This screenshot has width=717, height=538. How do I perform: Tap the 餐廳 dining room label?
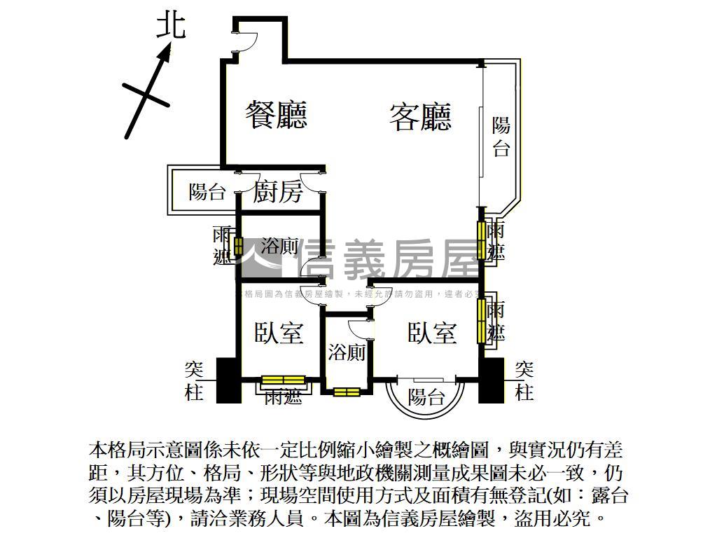[277, 114]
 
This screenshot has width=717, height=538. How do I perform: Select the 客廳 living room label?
[420, 116]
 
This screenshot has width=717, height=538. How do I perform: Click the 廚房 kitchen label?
[278, 191]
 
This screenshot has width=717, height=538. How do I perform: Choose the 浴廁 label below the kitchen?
[279, 247]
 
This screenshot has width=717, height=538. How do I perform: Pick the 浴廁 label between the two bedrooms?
[347, 352]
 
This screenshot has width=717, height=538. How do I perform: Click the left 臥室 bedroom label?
[279, 333]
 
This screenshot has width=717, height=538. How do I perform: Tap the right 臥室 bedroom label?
[432, 333]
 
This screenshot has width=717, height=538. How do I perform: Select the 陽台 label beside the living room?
[501, 137]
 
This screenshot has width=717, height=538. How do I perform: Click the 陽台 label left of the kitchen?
[207, 192]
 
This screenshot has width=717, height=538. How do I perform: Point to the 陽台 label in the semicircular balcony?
[426, 397]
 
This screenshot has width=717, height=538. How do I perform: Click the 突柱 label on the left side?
[194, 380]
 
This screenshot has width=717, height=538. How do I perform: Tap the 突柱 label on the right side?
[524, 380]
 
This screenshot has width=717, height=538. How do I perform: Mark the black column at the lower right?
[491, 380]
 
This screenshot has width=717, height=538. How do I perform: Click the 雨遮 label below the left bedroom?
[283, 397]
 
